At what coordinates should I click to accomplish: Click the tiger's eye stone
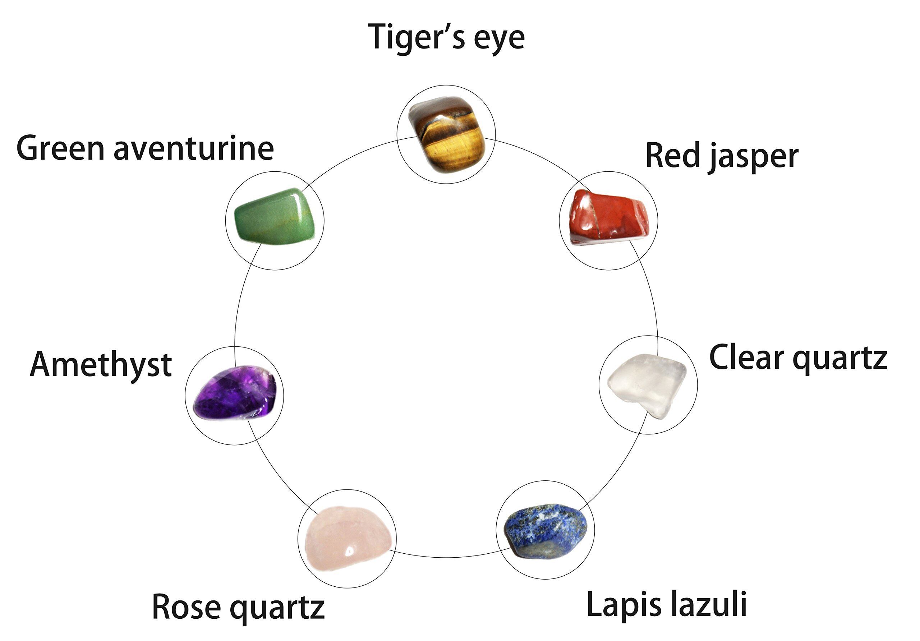[447, 134]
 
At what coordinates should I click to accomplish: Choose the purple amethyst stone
[235, 393]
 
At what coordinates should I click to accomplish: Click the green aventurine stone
[275, 216]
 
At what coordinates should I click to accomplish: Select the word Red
[672, 156]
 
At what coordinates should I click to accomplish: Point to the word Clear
[745, 358]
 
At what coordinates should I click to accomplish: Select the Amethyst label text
[101, 365]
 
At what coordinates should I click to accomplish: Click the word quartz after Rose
[277, 609]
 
